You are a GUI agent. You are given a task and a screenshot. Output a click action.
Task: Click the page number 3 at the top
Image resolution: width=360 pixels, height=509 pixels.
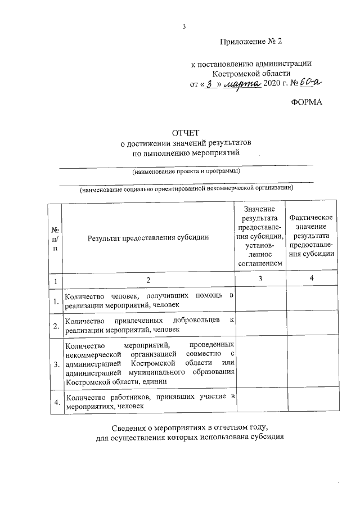pyautogui.click(x=184, y=26)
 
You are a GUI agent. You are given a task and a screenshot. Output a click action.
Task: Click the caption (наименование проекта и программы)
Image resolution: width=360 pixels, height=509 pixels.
pyautogui.click(x=186, y=170)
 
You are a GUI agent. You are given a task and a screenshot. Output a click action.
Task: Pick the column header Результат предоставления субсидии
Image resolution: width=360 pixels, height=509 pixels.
pyautogui.click(x=148, y=237)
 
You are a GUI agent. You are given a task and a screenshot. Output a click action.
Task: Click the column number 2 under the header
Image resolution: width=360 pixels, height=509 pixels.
pyautogui.click(x=148, y=280)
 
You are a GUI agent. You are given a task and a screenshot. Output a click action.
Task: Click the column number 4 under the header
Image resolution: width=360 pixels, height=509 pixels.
pyautogui.click(x=312, y=279)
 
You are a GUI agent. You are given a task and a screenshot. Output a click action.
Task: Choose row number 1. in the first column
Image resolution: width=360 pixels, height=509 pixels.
pyautogui.click(x=56, y=302)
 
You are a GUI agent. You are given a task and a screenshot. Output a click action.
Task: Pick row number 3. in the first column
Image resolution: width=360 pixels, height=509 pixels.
pyautogui.click(x=56, y=364)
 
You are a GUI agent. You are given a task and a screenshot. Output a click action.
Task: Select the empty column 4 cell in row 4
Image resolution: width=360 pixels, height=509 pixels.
pyautogui.click(x=312, y=401)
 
